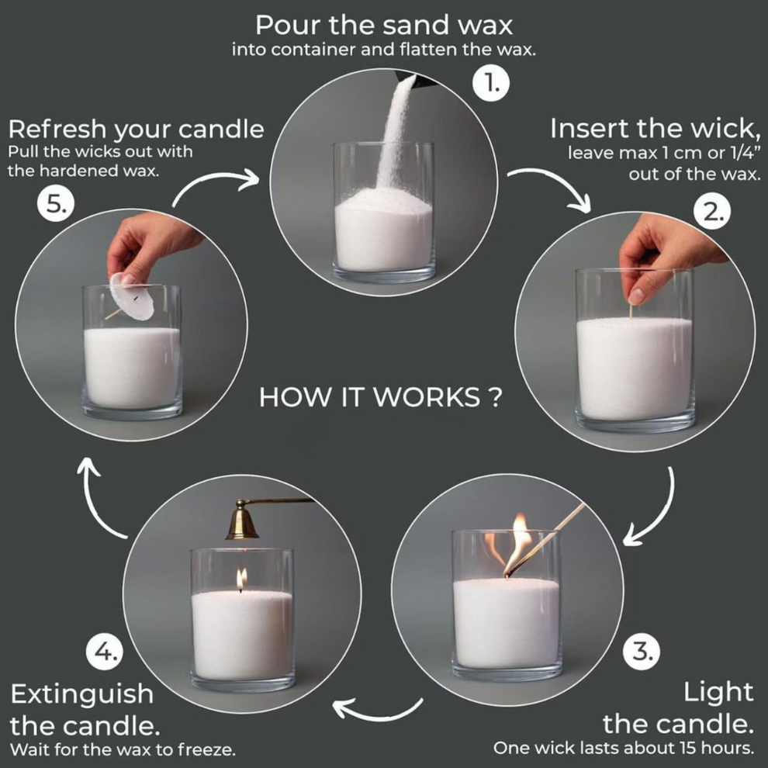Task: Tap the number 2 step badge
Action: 712,214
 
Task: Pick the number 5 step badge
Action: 56,206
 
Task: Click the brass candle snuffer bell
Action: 243,523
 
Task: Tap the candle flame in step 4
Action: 241,579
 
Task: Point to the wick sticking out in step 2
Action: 631,311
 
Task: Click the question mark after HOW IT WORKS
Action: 494,399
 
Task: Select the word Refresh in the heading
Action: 58,129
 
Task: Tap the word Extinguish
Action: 81,693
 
